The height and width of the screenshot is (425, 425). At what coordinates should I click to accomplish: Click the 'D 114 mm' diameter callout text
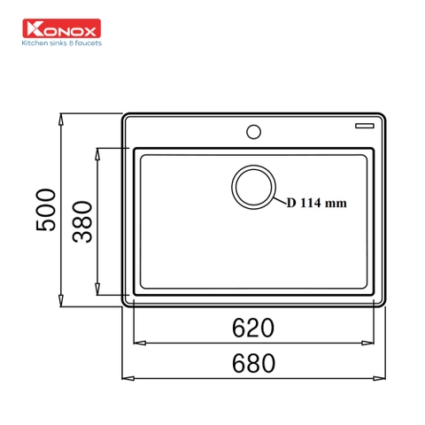(x=316, y=202)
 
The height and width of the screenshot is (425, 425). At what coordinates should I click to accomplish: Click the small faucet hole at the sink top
(x=254, y=132)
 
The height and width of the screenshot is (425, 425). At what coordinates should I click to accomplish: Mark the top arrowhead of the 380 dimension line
(x=97, y=151)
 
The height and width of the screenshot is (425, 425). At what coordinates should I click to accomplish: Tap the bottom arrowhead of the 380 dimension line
(x=97, y=292)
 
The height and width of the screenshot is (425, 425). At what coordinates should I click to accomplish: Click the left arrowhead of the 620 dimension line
(x=136, y=344)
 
